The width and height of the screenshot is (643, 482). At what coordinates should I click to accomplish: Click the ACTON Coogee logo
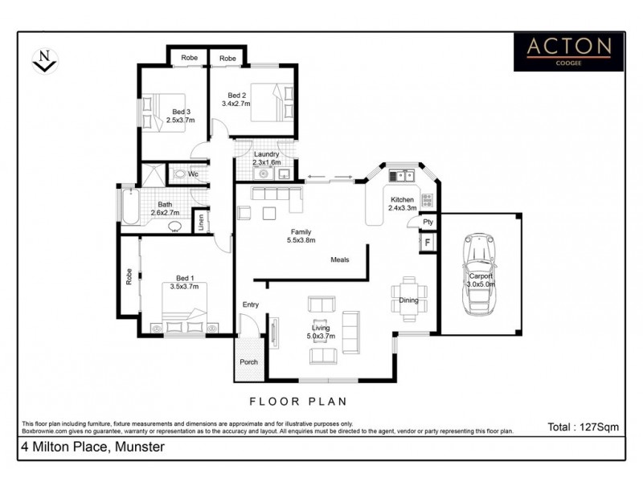tap(569, 52)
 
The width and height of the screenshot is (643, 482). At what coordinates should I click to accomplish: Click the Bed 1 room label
tap(184, 277)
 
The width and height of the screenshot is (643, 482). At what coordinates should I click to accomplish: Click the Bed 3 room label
tap(181, 112)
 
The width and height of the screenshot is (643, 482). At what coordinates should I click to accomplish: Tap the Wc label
tap(193, 174)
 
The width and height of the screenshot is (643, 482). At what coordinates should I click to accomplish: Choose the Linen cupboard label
tap(201, 221)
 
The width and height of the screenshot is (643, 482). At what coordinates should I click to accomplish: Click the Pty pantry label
tap(428, 222)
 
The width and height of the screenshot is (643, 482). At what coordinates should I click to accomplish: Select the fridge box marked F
tap(428, 242)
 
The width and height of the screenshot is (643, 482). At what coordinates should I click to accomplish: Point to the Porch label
tap(249, 362)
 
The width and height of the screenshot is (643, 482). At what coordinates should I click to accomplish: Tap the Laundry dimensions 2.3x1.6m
tap(266, 162)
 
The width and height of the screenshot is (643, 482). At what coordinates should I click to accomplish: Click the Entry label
tap(252, 304)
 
